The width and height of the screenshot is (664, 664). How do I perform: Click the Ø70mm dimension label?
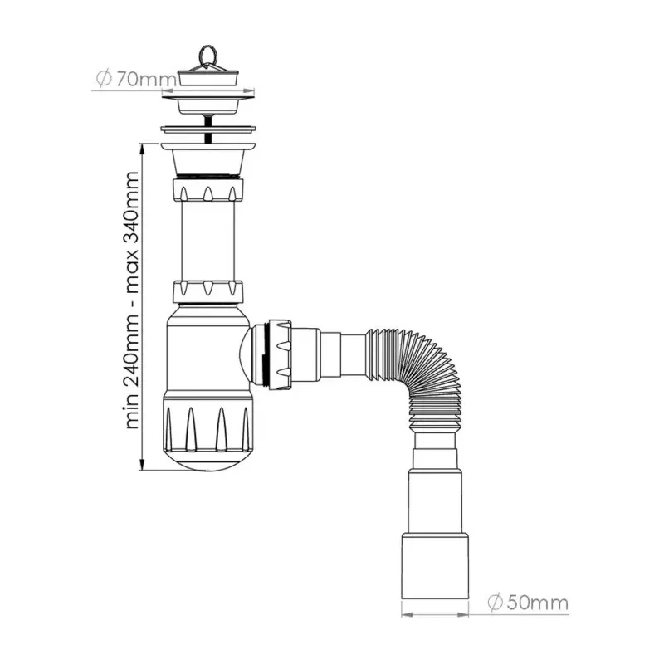[x=136, y=80]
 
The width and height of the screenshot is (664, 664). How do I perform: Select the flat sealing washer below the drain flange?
[x=206, y=129]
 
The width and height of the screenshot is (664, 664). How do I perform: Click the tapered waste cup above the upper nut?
[x=207, y=158]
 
